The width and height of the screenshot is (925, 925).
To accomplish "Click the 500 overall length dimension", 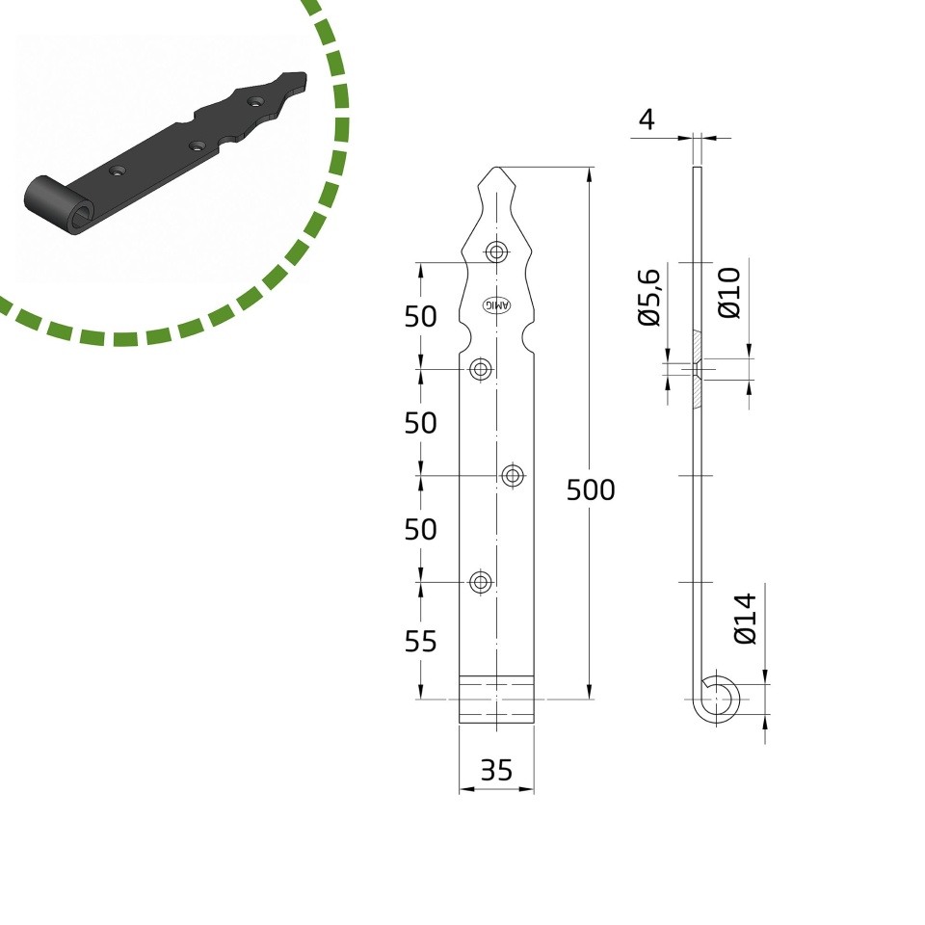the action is [x=591, y=489].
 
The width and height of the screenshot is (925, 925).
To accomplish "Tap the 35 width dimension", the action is [x=496, y=770].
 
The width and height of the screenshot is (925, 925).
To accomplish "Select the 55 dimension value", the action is [x=421, y=642].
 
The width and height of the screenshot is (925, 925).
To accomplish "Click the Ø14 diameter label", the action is [x=745, y=619].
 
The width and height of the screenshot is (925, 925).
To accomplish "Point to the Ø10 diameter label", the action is [x=729, y=293].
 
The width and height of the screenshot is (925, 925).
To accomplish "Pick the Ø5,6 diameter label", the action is [x=648, y=297].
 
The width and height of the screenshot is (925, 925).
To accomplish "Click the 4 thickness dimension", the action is [x=647, y=119].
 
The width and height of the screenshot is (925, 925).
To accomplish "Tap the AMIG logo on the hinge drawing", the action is [x=497, y=305].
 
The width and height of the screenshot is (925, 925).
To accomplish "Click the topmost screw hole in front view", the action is [x=497, y=252].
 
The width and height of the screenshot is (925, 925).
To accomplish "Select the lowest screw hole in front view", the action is [x=481, y=582].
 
